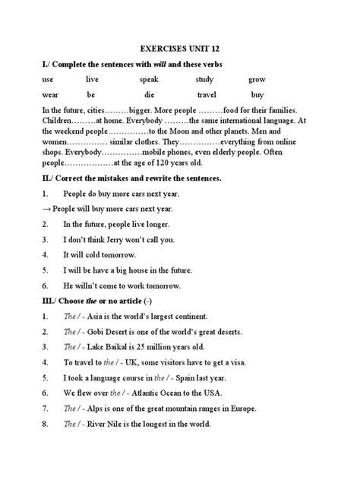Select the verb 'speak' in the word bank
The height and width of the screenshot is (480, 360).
coord(149,79)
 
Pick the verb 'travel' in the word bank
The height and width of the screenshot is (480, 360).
coord(207,95)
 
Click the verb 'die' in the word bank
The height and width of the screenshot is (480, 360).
coord(148,95)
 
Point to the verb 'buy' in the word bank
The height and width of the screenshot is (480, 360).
coord(257,95)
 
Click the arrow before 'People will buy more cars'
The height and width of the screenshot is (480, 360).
coord(46,209)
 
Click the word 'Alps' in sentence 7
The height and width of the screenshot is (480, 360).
coord(99,408)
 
